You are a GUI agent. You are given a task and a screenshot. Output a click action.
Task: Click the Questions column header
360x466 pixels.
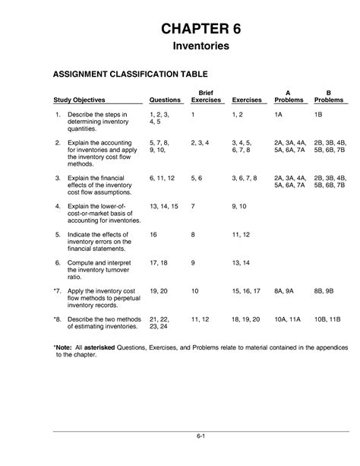(x=165, y=100)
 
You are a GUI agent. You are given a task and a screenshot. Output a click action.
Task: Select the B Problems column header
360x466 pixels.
(x=328, y=95)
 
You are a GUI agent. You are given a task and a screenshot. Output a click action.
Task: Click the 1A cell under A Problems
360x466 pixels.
(x=279, y=113)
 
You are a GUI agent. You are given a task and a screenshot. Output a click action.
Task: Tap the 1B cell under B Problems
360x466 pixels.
(x=319, y=113)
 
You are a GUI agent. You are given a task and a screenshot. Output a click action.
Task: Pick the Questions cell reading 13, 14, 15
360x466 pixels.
(x=163, y=206)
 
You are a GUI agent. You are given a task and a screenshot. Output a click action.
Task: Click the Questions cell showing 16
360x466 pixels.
(x=154, y=235)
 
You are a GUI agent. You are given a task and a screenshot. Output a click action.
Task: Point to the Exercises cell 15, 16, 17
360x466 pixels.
(x=246, y=291)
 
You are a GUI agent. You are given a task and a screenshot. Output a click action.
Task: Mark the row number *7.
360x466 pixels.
(x=57, y=291)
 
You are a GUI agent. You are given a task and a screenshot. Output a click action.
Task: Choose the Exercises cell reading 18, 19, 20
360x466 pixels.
(x=246, y=319)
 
